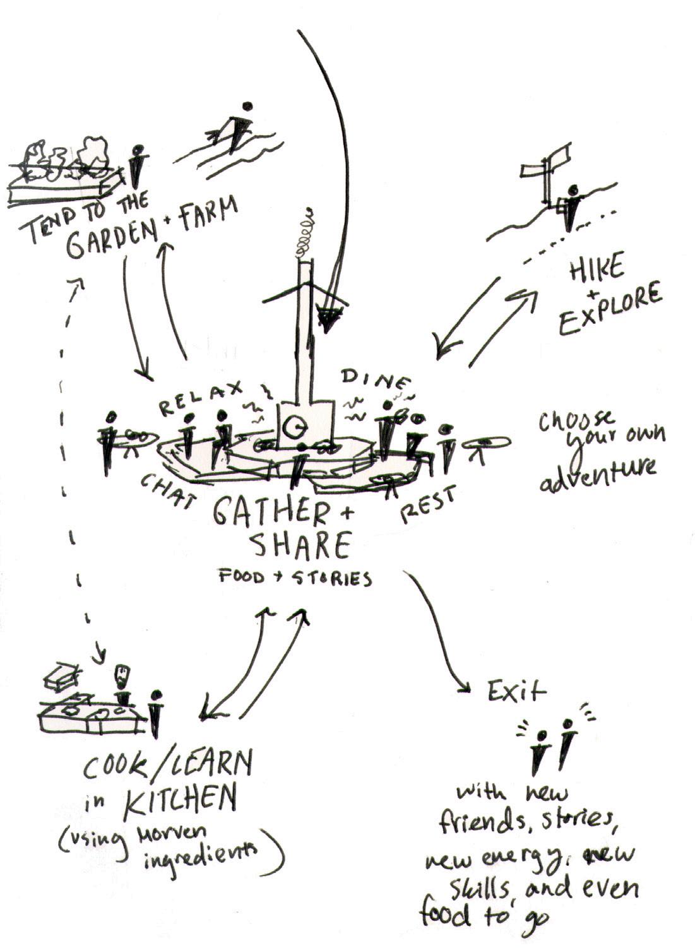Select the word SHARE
tap(301, 547)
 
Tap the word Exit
tap(516, 692)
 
